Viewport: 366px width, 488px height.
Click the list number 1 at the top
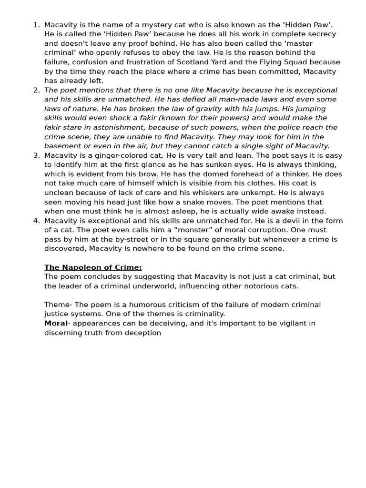[x=36, y=25]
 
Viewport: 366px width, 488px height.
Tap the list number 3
[x=36, y=155]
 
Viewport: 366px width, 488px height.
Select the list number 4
[x=36, y=221]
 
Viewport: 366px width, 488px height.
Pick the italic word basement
[x=62, y=146]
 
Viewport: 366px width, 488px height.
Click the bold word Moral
[x=56, y=323]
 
